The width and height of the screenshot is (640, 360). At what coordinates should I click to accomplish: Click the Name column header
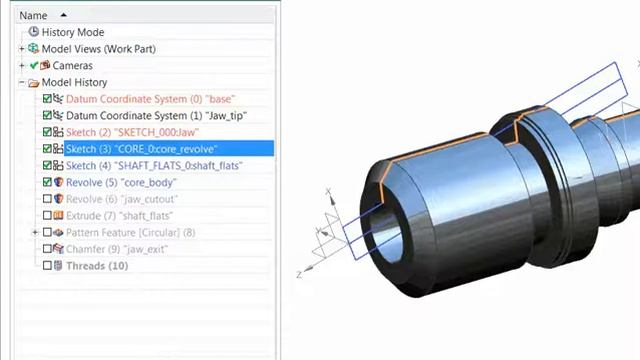click(x=33, y=16)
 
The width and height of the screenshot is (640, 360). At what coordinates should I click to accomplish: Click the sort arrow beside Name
click(x=63, y=15)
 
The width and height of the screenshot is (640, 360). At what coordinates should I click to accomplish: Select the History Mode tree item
click(x=73, y=32)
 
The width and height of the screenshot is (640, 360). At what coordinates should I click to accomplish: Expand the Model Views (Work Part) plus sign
click(x=22, y=49)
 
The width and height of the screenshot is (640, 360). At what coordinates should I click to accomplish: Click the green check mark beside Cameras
click(x=34, y=65)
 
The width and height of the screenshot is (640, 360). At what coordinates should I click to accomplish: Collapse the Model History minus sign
click(x=22, y=82)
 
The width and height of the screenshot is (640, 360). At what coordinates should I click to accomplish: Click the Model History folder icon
click(x=33, y=83)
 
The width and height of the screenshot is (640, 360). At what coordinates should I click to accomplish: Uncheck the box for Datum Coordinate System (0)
click(x=47, y=99)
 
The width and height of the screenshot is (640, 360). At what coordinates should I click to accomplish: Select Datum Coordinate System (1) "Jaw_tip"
click(x=156, y=116)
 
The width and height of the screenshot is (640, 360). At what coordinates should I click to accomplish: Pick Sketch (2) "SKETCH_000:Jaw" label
click(x=132, y=133)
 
